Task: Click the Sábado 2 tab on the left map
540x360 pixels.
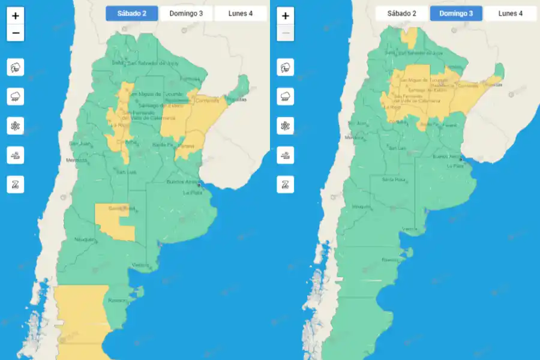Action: click(131, 13)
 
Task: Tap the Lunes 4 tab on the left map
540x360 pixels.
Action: click(240, 13)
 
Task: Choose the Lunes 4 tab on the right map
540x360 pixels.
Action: click(510, 13)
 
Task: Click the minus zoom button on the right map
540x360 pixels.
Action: click(286, 33)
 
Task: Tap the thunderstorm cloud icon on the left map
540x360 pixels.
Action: click(16, 67)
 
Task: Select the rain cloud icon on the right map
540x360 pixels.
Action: click(286, 96)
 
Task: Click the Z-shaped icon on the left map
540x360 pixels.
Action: click(16, 184)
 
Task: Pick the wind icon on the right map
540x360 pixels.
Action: click(286, 155)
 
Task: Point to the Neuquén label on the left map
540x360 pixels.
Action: click(84, 240)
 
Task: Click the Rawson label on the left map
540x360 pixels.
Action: click(116, 301)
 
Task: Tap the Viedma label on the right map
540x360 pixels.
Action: click(410, 229)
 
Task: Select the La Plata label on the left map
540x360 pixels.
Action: click(193, 193)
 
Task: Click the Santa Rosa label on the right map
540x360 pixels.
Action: click(392, 179)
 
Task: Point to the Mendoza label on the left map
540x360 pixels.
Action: click(76, 160)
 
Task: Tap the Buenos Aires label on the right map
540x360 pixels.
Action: click(446, 157)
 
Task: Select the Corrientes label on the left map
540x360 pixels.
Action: click(208, 100)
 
